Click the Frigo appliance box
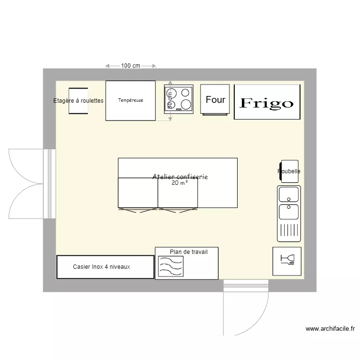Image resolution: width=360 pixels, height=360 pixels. click(x=267, y=102)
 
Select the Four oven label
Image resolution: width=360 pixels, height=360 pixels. click(x=215, y=100)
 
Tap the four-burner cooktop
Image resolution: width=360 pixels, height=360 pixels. click(x=179, y=99)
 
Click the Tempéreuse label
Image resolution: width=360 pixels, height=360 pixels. click(x=131, y=101)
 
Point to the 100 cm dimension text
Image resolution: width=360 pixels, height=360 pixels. click(x=131, y=66)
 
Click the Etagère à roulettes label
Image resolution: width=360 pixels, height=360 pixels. click(x=78, y=101)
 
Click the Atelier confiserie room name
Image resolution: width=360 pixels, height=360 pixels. click(x=180, y=177)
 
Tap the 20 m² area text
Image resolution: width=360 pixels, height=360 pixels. click(x=180, y=183)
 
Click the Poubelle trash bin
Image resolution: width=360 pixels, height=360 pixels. click(x=289, y=171)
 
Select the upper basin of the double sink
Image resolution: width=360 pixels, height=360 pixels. click(x=288, y=194)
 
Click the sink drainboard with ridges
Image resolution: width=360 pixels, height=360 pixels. click(x=288, y=230)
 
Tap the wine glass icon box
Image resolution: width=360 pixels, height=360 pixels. click(x=287, y=261)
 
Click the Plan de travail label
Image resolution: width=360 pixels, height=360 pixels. click(x=189, y=252)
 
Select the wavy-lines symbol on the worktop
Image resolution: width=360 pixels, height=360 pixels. click(x=170, y=266)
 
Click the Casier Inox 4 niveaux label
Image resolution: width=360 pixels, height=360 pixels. click(x=101, y=267)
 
